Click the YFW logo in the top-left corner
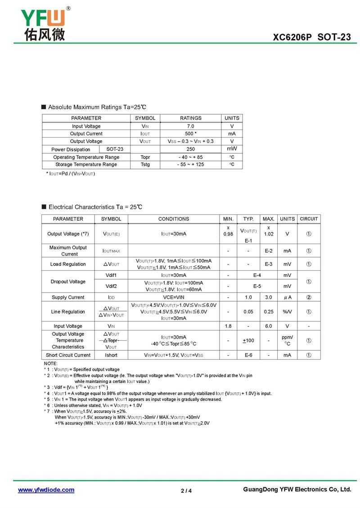coord(43,24)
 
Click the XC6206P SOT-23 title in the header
coord(311,37)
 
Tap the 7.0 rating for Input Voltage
coord(190,126)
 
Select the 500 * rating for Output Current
coord(190,134)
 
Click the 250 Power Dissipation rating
coord(190,149)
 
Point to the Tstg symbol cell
coord(145,165)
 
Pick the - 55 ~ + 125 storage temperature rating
coord(190,165)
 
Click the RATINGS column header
coord(190,118)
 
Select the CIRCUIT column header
coord(309,219)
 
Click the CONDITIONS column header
coord(174,219)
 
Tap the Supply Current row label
coord(68,297)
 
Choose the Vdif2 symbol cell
coord(111,286)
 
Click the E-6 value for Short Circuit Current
coord(248,355)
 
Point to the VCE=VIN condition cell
coord(174,297)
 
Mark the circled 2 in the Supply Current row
coord(309,297)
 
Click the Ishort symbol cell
coord(111,355)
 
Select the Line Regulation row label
coord(68,312)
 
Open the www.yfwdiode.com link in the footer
coord(46,490)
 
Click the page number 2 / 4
coord(186,490)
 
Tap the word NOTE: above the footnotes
coord(50,363)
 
